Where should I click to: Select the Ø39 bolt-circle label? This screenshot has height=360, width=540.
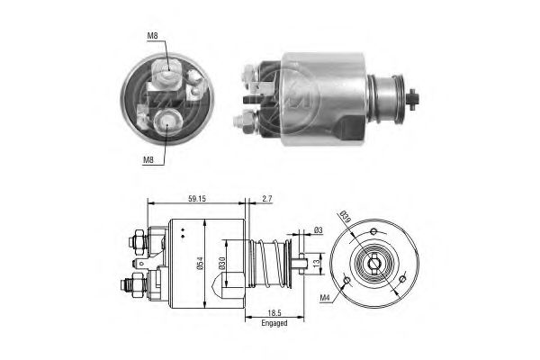pos(346,216)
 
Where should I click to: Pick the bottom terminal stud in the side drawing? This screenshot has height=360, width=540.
pos(127,286)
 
